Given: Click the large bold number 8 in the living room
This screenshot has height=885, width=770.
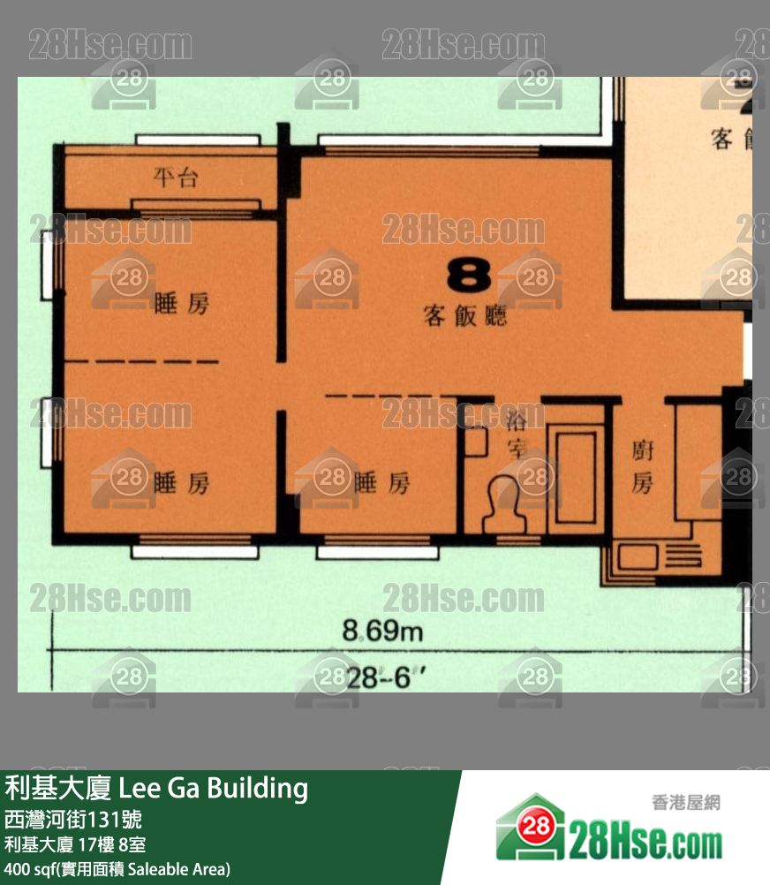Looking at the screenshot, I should coord(468,276).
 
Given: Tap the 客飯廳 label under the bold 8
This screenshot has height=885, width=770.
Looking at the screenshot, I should coord(465,315).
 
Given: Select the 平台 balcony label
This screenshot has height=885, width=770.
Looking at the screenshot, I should coord(176,178).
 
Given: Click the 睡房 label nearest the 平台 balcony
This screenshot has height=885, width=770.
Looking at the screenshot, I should coord(182,305).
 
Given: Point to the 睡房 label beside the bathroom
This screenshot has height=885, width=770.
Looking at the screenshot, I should coord(381,483).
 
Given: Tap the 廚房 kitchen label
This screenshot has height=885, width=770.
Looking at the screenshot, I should coord(642,467).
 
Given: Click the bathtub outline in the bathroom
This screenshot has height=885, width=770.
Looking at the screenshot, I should coord(576,478).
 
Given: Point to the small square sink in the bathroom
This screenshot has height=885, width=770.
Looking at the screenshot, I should coord(476,441).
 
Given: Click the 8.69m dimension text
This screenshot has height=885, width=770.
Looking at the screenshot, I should coord(382,632).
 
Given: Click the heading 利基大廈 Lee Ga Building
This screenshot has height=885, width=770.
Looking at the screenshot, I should coord(157,788).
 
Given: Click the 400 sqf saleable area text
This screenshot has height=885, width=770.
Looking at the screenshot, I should coord(117,869).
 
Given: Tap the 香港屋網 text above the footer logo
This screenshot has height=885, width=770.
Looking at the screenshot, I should coord(685,803).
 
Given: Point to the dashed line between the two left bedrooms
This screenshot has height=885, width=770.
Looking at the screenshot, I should coord(142,362).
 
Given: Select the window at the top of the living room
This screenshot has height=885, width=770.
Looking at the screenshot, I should coord(428,141).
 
